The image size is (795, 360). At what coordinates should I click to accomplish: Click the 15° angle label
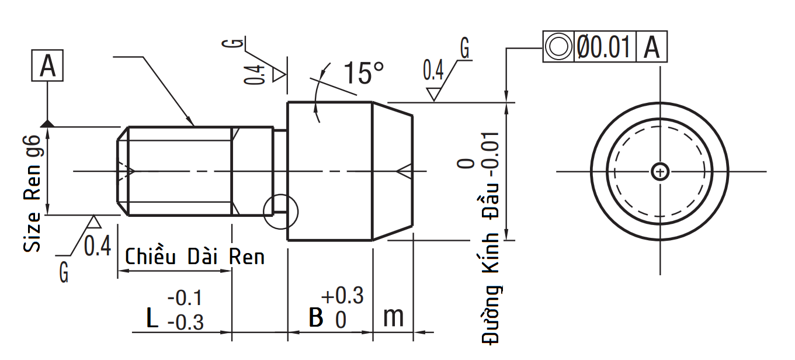click(363, 73)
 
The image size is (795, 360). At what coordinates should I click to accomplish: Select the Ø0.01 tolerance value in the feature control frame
click(604, 47)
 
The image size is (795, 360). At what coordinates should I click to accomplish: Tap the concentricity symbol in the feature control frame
click(558, 47)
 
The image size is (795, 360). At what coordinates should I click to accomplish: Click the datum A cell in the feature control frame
click(651, 47)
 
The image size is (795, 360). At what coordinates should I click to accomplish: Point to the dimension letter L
click(152, 319)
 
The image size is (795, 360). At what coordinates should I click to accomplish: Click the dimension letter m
click(393, 317)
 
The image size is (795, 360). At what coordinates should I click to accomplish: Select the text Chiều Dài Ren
click(195, 257)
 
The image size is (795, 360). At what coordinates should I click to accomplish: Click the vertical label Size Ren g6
click(33, 193)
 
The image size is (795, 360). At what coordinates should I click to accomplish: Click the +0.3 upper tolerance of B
click(342, 296)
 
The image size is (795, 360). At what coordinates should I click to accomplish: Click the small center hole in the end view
click(660, 171)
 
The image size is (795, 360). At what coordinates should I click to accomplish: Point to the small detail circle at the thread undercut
click(280, 212)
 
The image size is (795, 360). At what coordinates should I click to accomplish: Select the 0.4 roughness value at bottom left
click(97, 247)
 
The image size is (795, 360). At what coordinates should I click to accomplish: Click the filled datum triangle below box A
click(48, 123)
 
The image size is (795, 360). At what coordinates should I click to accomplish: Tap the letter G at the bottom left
click(64, 272)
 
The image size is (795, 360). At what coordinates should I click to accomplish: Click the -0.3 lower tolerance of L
click(186, 322)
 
